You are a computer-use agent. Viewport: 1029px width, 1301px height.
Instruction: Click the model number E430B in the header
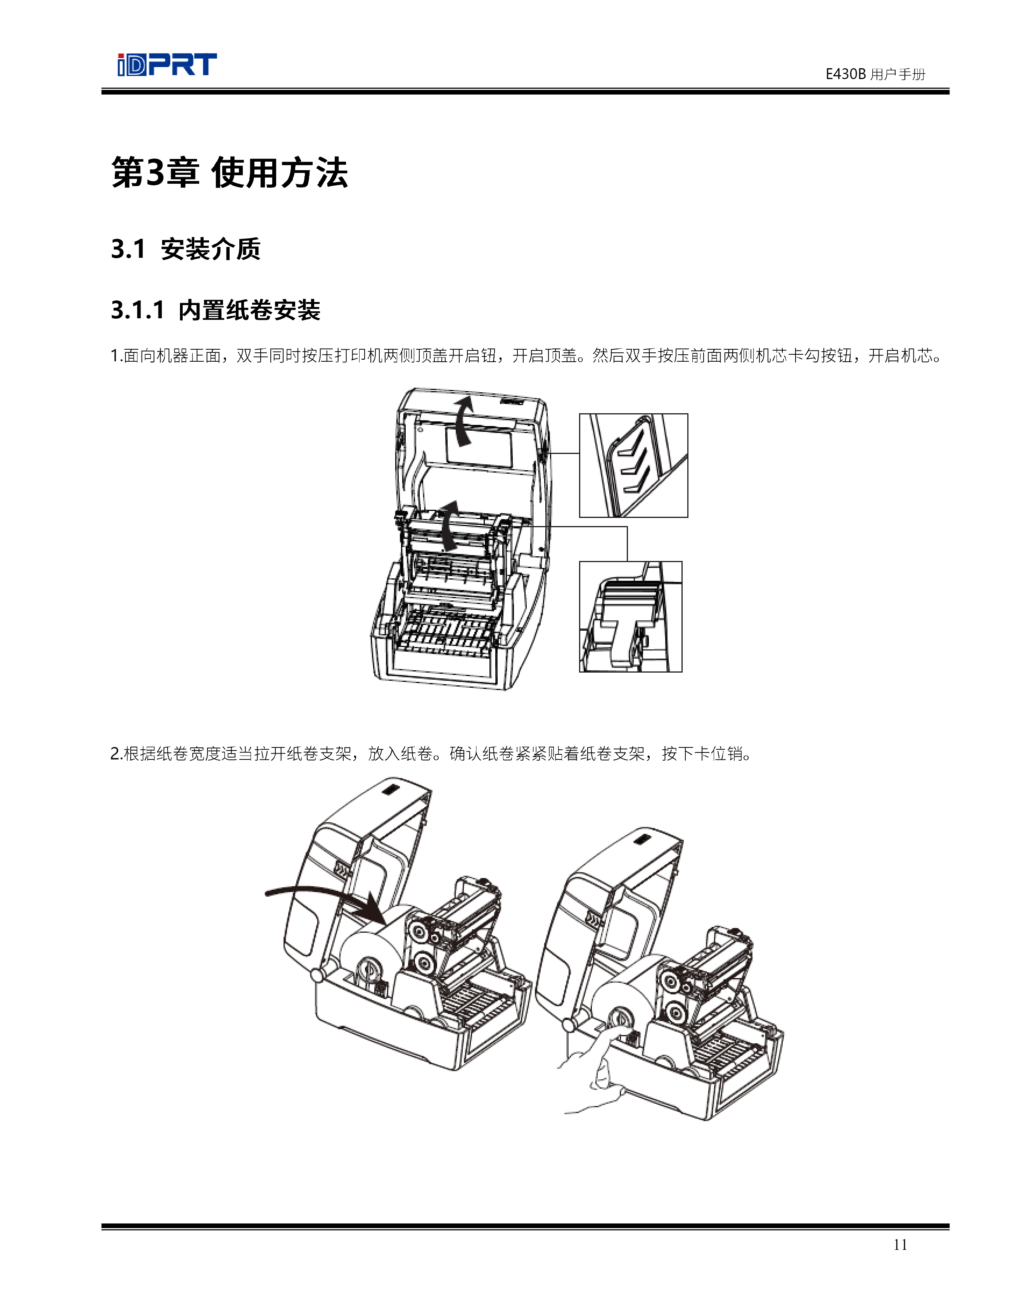[x=845, y=74]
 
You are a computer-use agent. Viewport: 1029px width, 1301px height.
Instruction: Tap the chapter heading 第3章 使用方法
[x=230, y=173]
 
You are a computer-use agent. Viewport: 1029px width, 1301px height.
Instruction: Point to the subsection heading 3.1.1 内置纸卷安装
[x=216, y=311]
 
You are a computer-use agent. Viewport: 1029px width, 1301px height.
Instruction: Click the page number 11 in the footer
[x=900, y=1244]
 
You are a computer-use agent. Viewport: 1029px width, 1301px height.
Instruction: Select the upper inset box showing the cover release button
[x=633, y=465]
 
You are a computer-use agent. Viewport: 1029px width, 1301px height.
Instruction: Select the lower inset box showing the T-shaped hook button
[x=631, y=616]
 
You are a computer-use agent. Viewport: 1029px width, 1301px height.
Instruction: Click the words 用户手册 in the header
[x=898, y=74]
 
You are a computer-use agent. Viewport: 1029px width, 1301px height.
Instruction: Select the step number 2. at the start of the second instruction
[x=117, y=754]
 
